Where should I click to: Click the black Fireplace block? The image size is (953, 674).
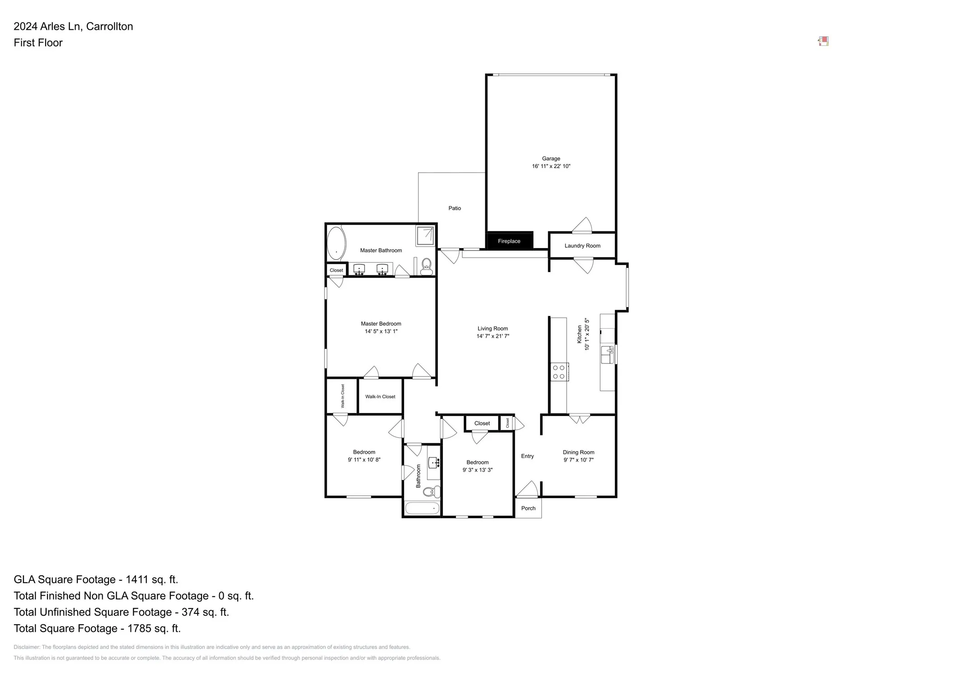[x=509, y=240]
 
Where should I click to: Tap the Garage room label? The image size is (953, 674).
[x=551, y=159]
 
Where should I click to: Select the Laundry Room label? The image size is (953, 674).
[x=582, y=246]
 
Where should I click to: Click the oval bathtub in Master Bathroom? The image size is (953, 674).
[x=336, y=243]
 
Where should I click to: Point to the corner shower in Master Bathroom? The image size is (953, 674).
[x=425, y=236]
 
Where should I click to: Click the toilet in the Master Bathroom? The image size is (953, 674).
[x=426, y=267]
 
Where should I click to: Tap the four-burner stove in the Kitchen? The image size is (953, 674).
[x=559, y=372]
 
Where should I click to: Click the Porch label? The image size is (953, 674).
[x=528, y=508]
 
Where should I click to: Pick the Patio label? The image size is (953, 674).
[x=455, y=208]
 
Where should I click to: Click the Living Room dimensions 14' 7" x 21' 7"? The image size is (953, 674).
[x=493, y=336]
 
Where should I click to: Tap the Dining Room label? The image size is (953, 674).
[x=578, y=452]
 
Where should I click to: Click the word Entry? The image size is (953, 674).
[x=527, y=456]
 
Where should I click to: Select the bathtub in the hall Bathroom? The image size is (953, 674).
[x=422, y=508]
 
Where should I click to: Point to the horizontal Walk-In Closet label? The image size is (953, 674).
[x=380, y=396]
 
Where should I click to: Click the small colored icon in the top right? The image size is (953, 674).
[x=823, y=42]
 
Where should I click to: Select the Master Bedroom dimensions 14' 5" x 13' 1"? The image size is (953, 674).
[x=381, y=331]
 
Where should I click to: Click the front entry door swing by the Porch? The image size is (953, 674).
[x=528, y=490]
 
